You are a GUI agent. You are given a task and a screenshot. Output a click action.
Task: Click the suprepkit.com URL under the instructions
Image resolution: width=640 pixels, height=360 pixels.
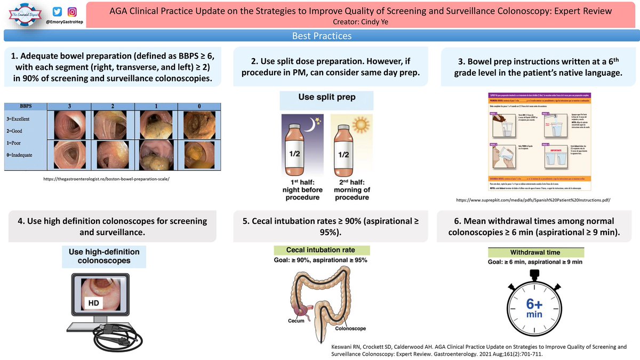click(533, 199)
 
